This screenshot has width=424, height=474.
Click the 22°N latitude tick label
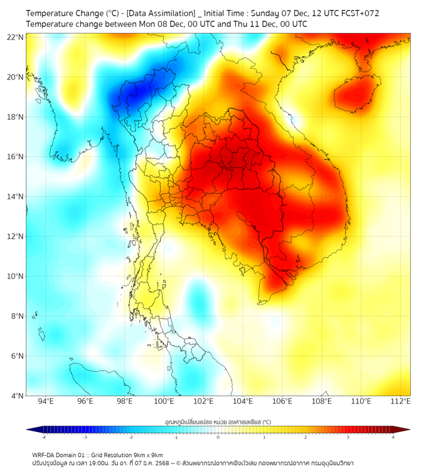click(x=16, y=38)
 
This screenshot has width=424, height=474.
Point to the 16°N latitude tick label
click(x=16, y=157)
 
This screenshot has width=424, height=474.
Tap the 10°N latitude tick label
click(x=16, y=276)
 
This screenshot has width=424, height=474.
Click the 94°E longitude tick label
click(x=46, y=401)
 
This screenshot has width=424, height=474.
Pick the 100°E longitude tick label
click(x=164, y=401)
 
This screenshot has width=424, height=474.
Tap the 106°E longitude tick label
click(x=283, y=401)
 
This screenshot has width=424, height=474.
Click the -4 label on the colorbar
click(x=43, y=437)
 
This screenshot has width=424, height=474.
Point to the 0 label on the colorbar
click(x=218, y=437)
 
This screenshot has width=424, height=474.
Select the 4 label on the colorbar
click(x=393, y=437)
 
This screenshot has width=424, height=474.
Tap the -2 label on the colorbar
click(x=130, y=437)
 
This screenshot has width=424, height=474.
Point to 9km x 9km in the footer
click(x=146, y=455)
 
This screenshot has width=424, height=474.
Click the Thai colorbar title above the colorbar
click(x=218, y=422)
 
